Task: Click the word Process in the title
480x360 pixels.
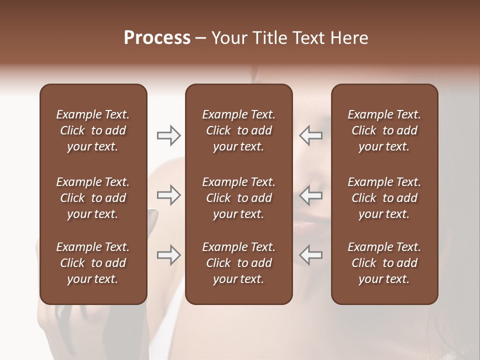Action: click(x=157, y=38)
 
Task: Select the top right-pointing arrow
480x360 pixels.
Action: click(x=168, y=135)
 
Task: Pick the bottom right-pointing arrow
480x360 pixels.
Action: click(x=168, y=255)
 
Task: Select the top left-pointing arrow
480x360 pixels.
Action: click(x=311, y=135)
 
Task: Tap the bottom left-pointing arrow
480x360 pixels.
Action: click(x=311, y=255)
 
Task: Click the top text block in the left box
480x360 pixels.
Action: click(x=93, y=130)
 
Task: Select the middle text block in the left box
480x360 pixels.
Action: click(x=93, y=198)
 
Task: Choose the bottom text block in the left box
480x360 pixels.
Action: click(x=93, y=263)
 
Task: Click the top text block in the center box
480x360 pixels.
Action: click(x=238, y=130)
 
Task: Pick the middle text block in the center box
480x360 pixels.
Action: click(x=238, y=198)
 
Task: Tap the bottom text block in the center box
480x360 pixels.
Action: click(x=238, y=263)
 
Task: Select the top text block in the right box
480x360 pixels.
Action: click(x=384, y=130)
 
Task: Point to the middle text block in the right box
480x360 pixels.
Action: click(x=384, y=198)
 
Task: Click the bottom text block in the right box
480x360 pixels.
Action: click(x=384, y=263)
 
